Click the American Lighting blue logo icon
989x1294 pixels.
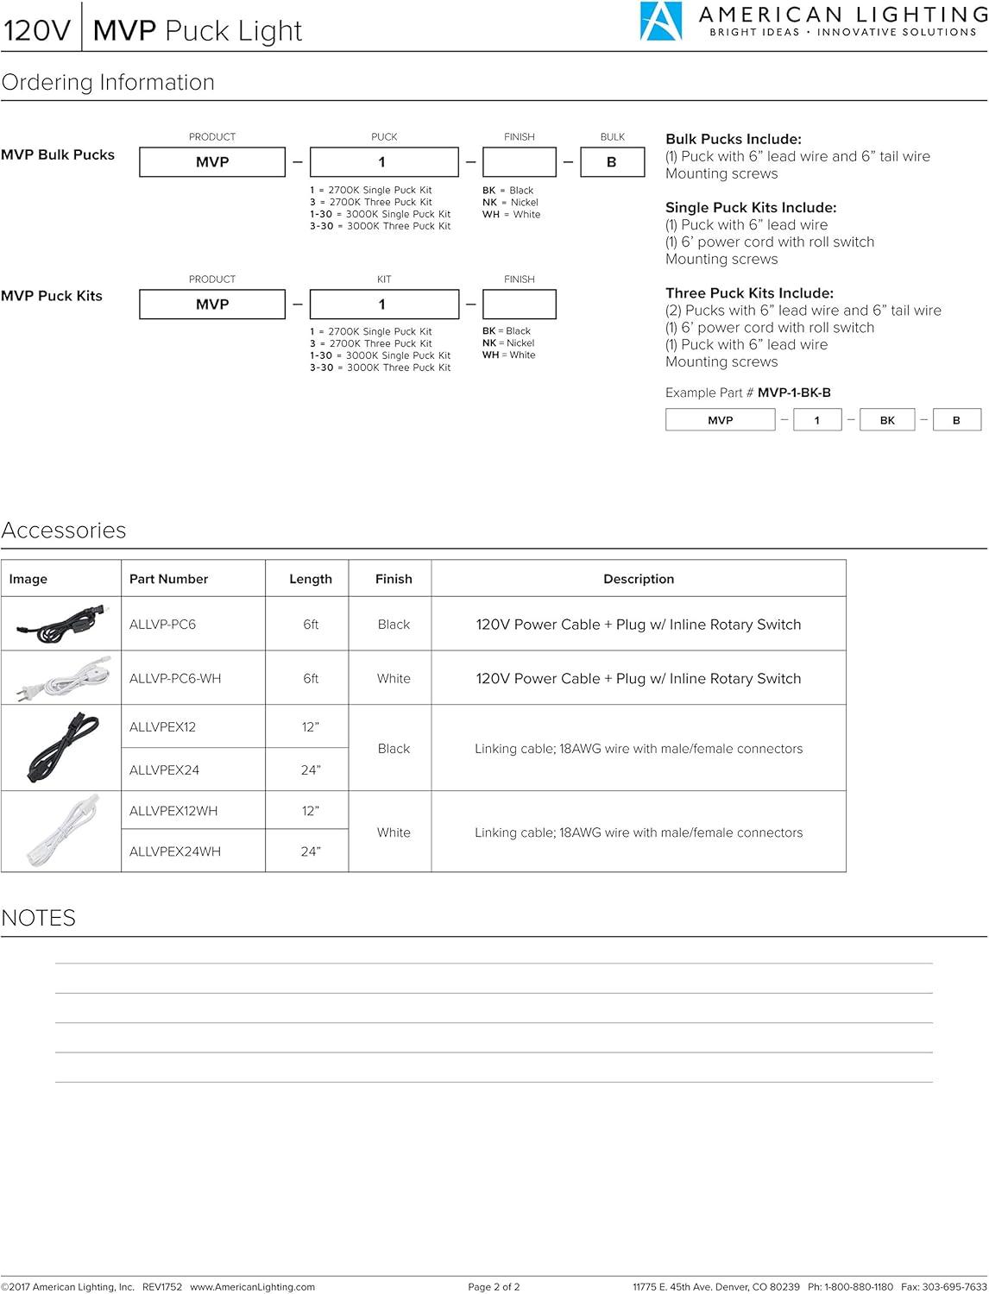(660, 22)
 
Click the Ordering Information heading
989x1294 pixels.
(108, 83)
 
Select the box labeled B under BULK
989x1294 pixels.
(612, 162)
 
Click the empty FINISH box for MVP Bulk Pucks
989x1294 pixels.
(519, 162)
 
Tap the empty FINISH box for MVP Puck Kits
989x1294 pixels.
(519, 305)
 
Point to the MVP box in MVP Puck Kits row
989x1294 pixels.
(211, 305)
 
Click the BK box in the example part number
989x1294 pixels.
(886, 420)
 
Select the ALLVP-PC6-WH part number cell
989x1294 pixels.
(175, 679)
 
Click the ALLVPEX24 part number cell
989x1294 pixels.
(164, 769)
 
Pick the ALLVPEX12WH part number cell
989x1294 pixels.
(173, 811)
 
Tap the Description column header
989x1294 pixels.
(639, 579)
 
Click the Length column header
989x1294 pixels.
(311, 579)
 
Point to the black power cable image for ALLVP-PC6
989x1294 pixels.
(60, 624)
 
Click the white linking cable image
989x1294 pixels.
(60, 832)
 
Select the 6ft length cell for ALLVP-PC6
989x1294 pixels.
(311, 625)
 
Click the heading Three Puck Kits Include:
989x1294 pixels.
(749, 293)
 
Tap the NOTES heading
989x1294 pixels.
(39, 918)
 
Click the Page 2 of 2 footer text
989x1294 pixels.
(494, 1287)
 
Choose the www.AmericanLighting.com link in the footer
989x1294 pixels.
(252, 1287)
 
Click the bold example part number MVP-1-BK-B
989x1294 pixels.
(794, 393)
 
